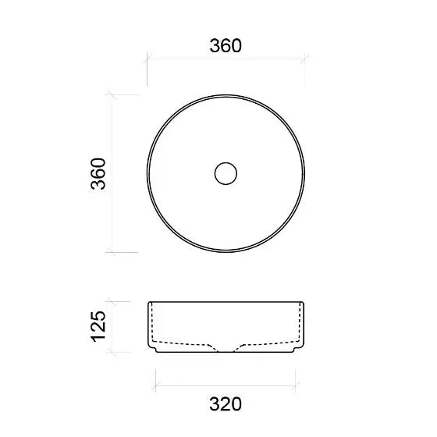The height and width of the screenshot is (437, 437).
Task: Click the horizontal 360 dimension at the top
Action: pyautogui.click(x=226, y=46)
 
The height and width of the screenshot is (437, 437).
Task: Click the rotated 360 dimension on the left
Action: pyautogui.click(x=98, y=174)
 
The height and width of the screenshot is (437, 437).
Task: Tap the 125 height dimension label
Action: pyautogui.click(x=98, y=326)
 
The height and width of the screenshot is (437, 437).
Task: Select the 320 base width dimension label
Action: pyautogui.click(x=226, y=404)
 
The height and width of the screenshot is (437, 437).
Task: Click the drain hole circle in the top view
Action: pyautogui.click(x=226, y=173)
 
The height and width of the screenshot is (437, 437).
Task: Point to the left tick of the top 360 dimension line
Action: pyautogui.click(x=147, y=59)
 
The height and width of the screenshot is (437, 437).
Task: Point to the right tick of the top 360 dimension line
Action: pyautogui.click(x=304, y=59)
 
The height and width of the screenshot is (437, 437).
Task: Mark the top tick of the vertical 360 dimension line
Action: pyautogui.click(x=112, y=94)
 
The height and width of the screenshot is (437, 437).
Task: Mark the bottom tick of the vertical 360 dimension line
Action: pyautogui.click(x=112, y=253)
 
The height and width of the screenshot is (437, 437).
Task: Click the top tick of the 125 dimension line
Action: pyautogui.click(x=112, y=301)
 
